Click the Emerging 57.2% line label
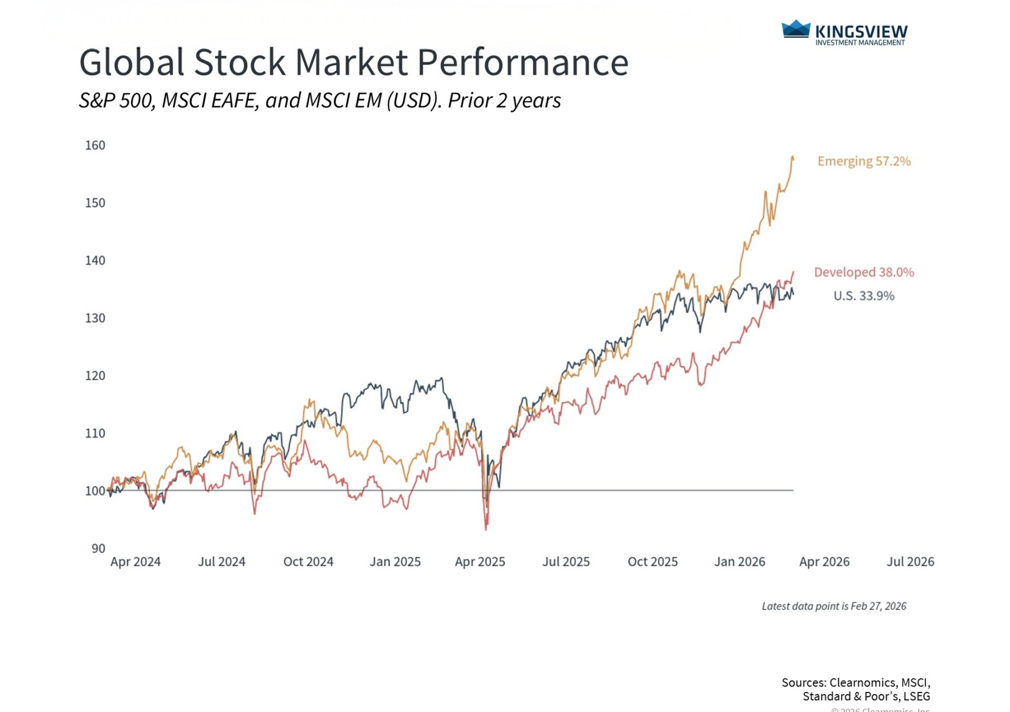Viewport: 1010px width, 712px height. click(x=864, y=161)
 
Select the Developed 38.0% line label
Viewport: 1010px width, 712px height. click(x=864, y=272)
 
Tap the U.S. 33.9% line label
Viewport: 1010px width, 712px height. click(x=864, y=295)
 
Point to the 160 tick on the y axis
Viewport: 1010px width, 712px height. click(x=95, y=145)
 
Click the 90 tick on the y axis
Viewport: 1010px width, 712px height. click(x=98, y=548)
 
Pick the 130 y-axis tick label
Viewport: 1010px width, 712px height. click(x=95, y=318)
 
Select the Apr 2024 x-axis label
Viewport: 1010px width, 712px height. click(x=135, y=562)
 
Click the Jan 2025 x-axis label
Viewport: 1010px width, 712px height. click(x=395, y=562)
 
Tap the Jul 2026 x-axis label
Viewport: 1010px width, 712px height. click(x=910, y=562)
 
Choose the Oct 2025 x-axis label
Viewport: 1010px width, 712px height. click(x=653, y=562)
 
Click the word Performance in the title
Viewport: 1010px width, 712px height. click(x=523, y=62)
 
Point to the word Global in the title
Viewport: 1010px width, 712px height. click(x=132, y=62)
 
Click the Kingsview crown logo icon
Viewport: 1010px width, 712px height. click(x=796, y=29)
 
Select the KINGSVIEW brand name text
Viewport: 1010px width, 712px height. click(x=861, y=31)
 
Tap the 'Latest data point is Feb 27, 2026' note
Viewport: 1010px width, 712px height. click(x=834, y=606)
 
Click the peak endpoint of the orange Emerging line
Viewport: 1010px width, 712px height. click(x=792, y=157)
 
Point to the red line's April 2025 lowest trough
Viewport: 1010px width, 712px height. click(x=487, y=529)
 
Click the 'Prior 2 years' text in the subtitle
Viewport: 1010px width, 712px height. click(x=504, y=101)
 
